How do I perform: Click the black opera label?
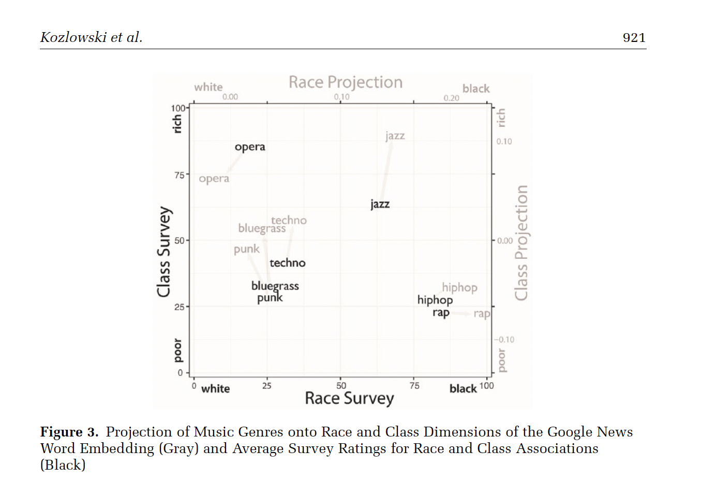tap(250, 147)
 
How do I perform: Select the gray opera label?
tap(214, 179)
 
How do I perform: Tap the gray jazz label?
tap(395, 136)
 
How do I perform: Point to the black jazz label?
tap(380, 204)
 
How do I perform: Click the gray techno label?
tap(289, 221)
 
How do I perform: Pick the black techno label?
tap(287, 263)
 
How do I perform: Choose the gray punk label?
tap(246, 250)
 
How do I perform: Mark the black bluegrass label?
tap(275, 286)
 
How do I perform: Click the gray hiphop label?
tap(459, 287)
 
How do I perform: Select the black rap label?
tap(441, 313)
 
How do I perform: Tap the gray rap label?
tap(481, 313)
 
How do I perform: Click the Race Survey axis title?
tap(349, 398)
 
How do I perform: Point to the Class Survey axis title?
tap(164, 252)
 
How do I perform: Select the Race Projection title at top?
tap(346, 82)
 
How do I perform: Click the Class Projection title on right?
tap(521, 242)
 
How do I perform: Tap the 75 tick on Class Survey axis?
tap(179, 175)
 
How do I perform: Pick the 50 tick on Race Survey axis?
tap(341, 386)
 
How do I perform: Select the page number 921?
tap(634, 38)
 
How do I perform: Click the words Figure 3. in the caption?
tap(69, 432)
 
